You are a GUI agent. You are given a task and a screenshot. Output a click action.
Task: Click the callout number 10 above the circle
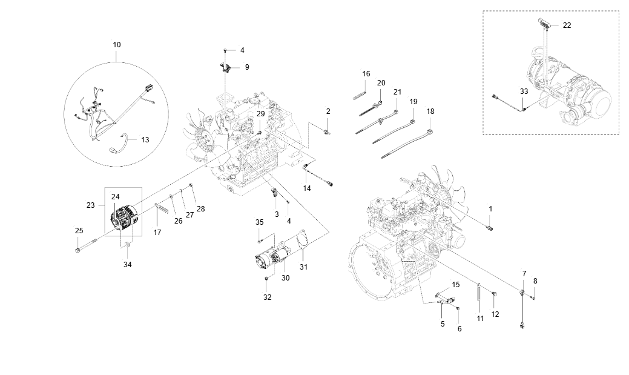coord(117,44)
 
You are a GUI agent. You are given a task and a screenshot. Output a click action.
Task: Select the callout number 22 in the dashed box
coord(567,25)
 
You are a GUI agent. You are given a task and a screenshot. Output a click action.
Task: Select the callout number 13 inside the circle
coord(145,139)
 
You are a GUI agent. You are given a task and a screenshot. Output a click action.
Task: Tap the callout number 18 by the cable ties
coord(430,111)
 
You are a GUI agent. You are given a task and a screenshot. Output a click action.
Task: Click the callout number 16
coord(366,74)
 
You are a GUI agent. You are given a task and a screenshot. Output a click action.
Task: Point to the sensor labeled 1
coord(490,227)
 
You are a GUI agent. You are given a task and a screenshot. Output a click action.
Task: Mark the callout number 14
coord(307,189)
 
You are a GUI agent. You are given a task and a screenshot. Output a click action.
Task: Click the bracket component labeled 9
coord(225,67)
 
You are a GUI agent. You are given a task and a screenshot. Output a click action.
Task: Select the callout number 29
coord(260,114)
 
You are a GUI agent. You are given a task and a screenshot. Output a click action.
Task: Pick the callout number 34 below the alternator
coord(127,264)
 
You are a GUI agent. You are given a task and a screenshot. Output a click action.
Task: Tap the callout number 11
coord(479,318)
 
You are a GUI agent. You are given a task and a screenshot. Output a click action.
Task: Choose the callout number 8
coord(535,280)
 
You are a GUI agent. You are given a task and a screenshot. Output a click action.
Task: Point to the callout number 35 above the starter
coord(259,222)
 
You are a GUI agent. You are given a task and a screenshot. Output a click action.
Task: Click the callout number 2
coord(328,111)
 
